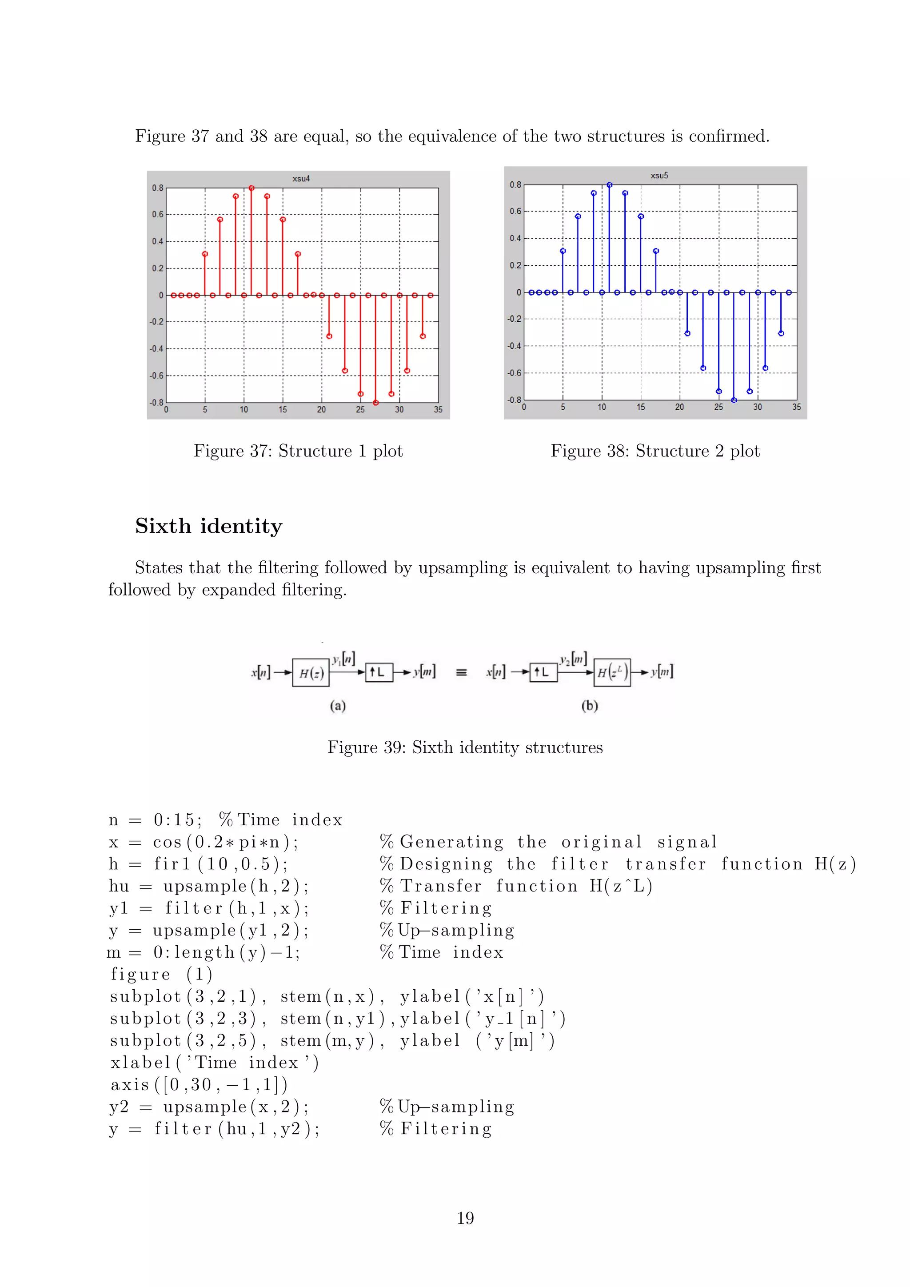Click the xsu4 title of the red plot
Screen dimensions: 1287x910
(301, 179)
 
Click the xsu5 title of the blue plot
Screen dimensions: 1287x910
(659, 176)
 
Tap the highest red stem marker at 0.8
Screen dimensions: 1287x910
(251, 188)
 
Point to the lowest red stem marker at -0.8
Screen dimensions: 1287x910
(376, 403)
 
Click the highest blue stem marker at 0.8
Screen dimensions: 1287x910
(610, 185)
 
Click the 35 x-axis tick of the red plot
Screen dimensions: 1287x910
(438, 410)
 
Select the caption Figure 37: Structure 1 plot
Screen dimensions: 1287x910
(298, 451)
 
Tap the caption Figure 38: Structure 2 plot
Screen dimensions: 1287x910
(655, 451)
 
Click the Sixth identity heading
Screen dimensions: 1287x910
(208, 526)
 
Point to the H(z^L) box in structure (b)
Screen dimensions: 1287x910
(612, 672)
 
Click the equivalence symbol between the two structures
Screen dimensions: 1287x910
(461, 673)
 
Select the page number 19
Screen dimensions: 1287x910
(465, 1218)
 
